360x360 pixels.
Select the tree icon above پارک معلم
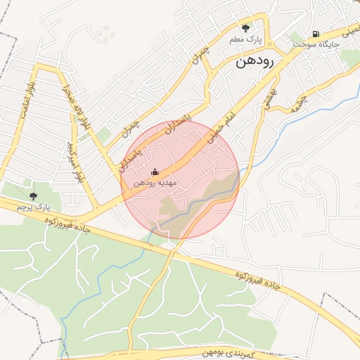pyautogui.click(x=245, y=28)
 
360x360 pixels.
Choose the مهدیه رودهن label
pyautogui.click(x=155, y=183)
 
